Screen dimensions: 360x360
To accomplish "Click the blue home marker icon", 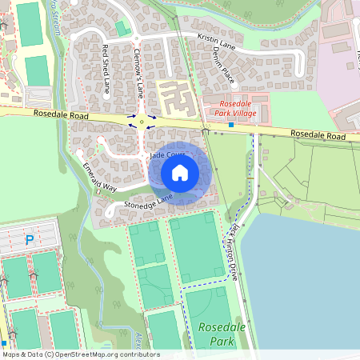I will coord(180,173).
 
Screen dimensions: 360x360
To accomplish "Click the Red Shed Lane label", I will coord(106,70).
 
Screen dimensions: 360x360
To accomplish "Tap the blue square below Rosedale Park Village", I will coord(231,124).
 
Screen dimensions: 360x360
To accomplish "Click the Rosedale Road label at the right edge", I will coord(318,137).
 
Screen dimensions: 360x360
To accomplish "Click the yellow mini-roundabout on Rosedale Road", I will coord(142,122).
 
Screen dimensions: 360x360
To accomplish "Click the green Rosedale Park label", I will coord(211,333).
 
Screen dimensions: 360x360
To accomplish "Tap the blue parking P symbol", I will coord(30,238).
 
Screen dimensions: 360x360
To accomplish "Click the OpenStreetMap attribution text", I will coord(80,354).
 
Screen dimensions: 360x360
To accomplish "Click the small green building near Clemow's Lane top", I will coord(122,29).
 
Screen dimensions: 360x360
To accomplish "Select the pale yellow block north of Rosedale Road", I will coord(176,98).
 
